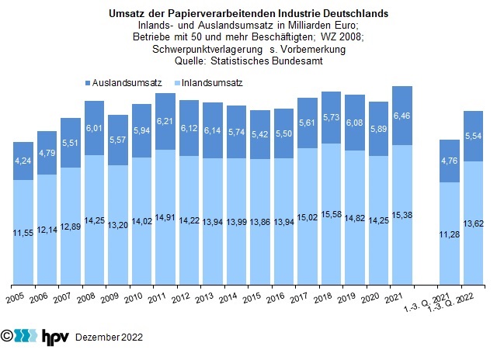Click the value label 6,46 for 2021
402,116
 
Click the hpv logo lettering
54,336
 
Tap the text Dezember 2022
109,337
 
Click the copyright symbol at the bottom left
8,336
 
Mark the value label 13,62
474,224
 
